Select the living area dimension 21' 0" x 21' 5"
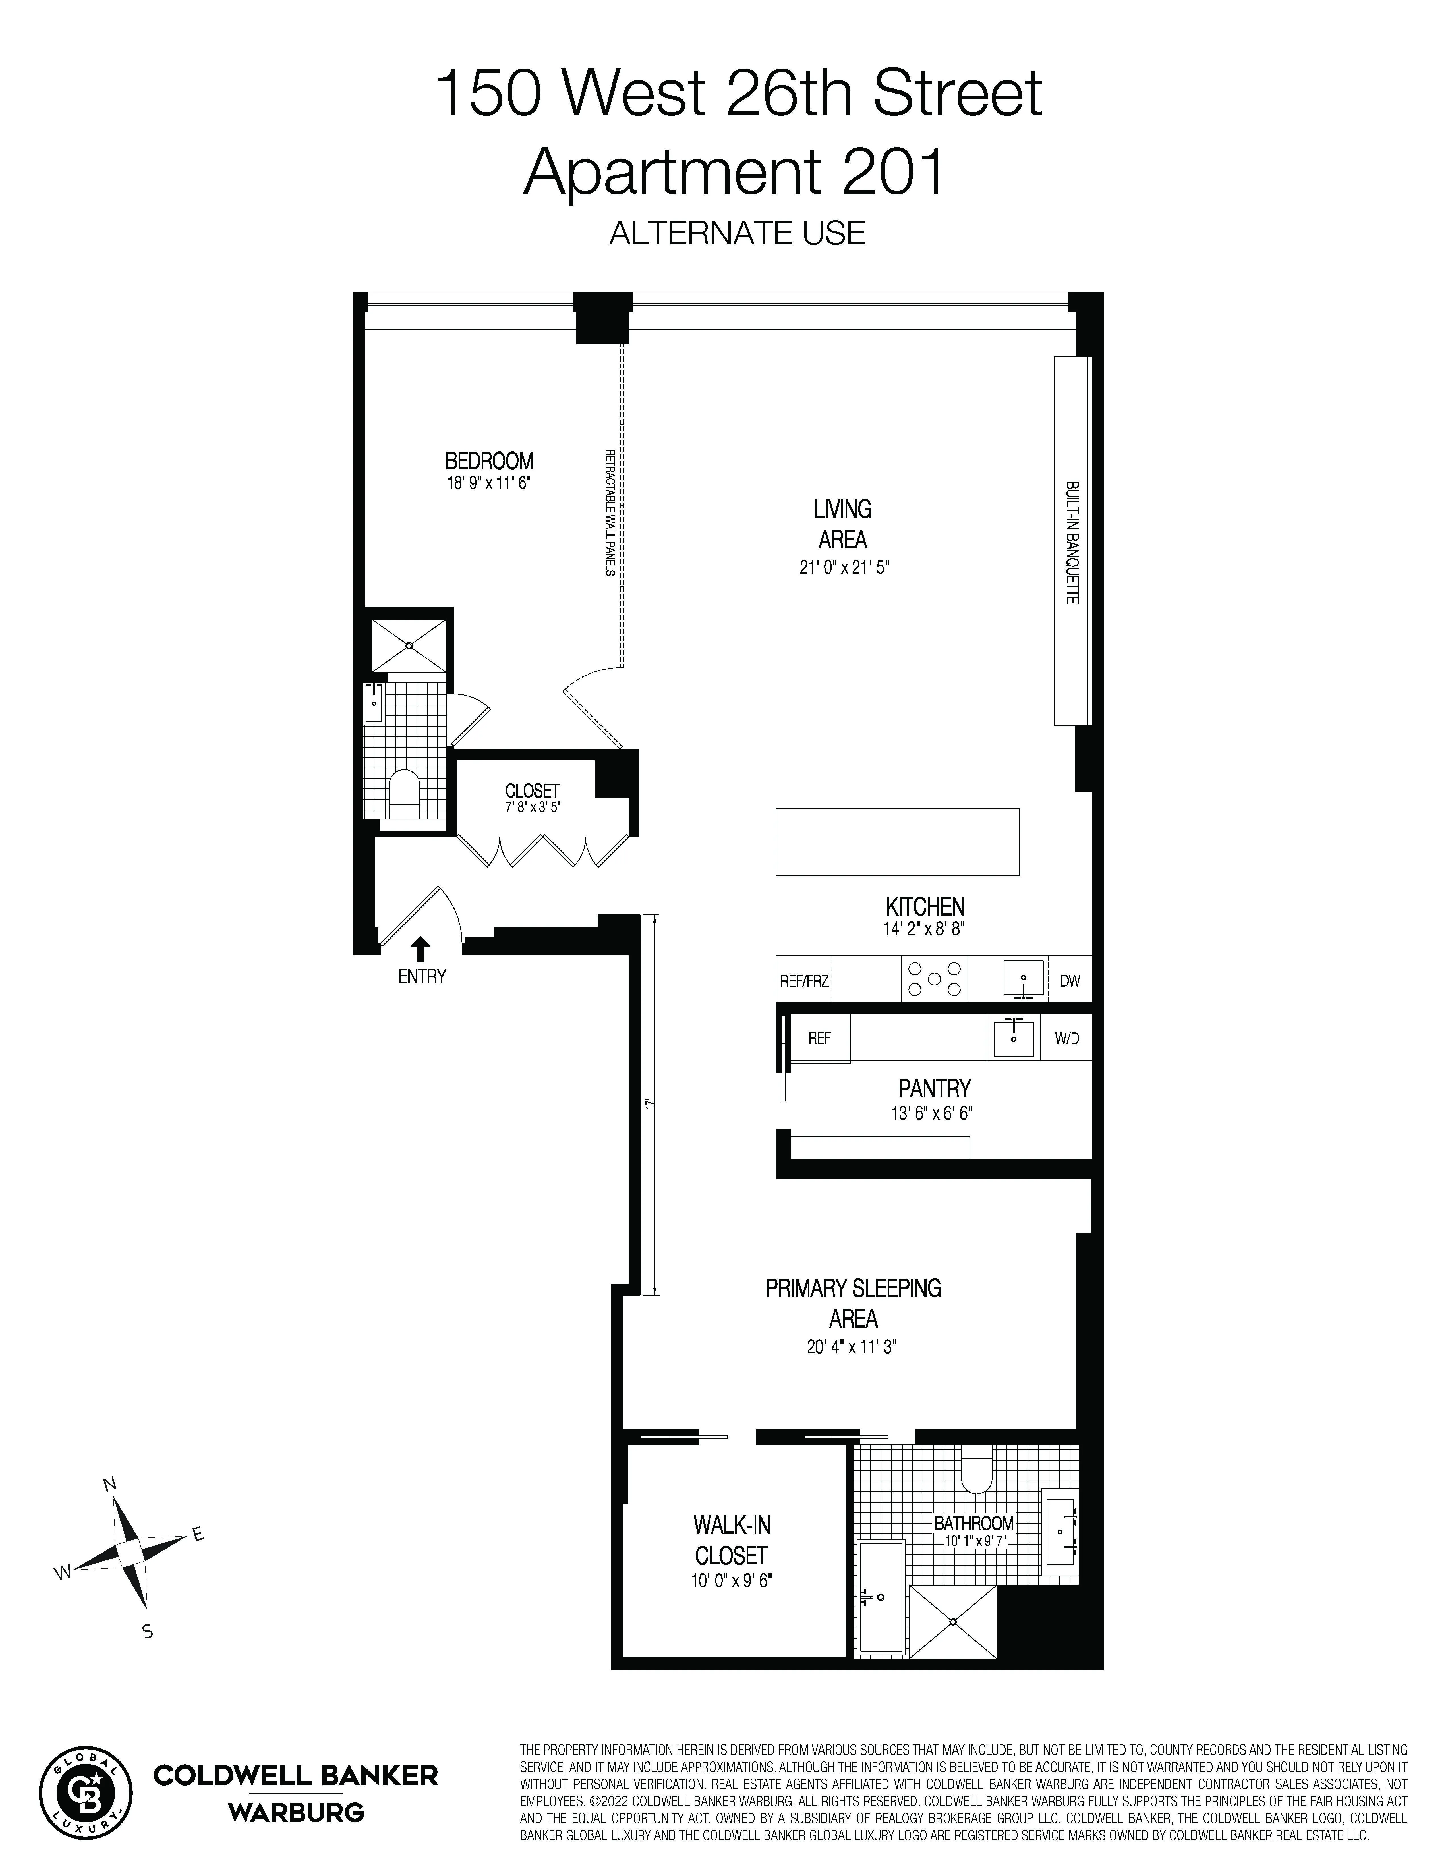[842, 568]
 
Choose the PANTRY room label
[934, 1088]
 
